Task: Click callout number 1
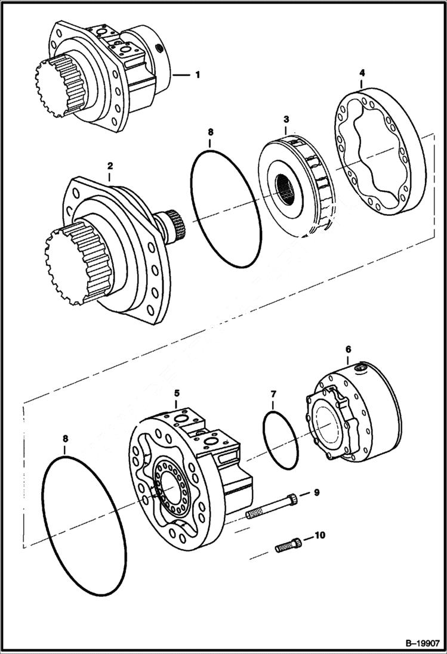(197, 75)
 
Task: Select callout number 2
(109, 163)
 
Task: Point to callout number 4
(362, 73)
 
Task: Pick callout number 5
(177, 393)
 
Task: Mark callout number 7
(273, 395)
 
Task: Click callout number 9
(316, 492)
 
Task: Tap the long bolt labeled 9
(271, 505)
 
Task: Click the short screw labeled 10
(287, 544)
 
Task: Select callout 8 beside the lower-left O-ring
(65, 439)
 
